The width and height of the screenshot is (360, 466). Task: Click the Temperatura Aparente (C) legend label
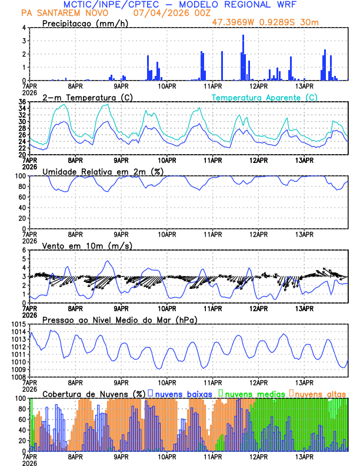264,97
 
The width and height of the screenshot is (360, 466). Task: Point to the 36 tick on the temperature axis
22,102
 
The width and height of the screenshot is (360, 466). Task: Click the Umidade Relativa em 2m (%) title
104,171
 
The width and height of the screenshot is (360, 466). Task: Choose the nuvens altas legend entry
319,392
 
